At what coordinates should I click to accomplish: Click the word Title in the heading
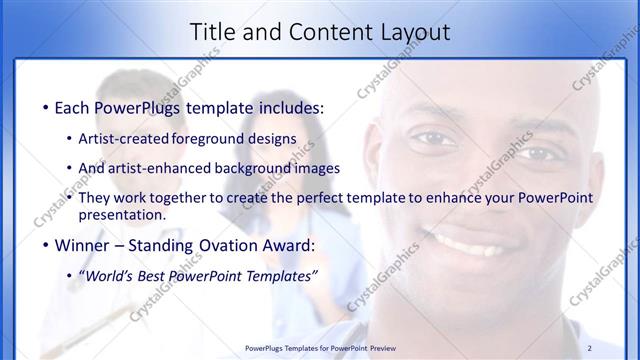(213, 32)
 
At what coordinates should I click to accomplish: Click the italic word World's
(110, 276)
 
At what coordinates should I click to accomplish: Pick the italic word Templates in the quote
(278, 276)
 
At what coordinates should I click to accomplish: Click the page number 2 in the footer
(618, 348)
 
